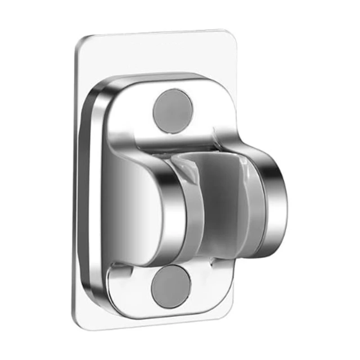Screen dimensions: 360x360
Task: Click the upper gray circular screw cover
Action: coord(171,110)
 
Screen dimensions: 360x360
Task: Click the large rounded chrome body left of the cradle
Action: coord(135,202)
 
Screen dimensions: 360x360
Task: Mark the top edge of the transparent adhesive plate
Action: coord(157,36)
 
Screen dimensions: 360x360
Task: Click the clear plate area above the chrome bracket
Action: coord(157,56)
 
